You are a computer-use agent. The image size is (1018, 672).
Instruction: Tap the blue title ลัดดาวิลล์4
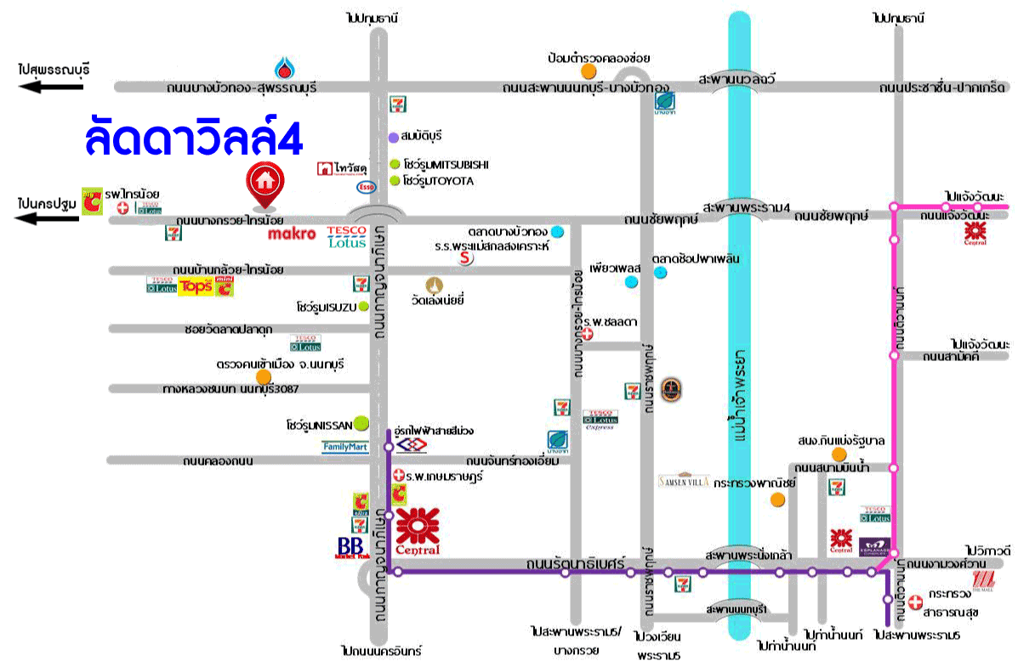(x=194, y=138)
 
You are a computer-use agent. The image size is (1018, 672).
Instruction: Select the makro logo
(x=292, y=234)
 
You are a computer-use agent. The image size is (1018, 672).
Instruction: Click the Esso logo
(x=366, y=186)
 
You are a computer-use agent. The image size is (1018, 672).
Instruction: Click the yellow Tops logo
(x=194, y=287)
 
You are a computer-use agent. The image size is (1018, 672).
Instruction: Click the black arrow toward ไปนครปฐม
(x=50, y=218)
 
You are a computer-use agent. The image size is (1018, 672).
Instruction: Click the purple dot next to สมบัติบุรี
(x=393, y=137)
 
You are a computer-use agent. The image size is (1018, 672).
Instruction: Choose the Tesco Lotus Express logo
(x=600, y=421)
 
